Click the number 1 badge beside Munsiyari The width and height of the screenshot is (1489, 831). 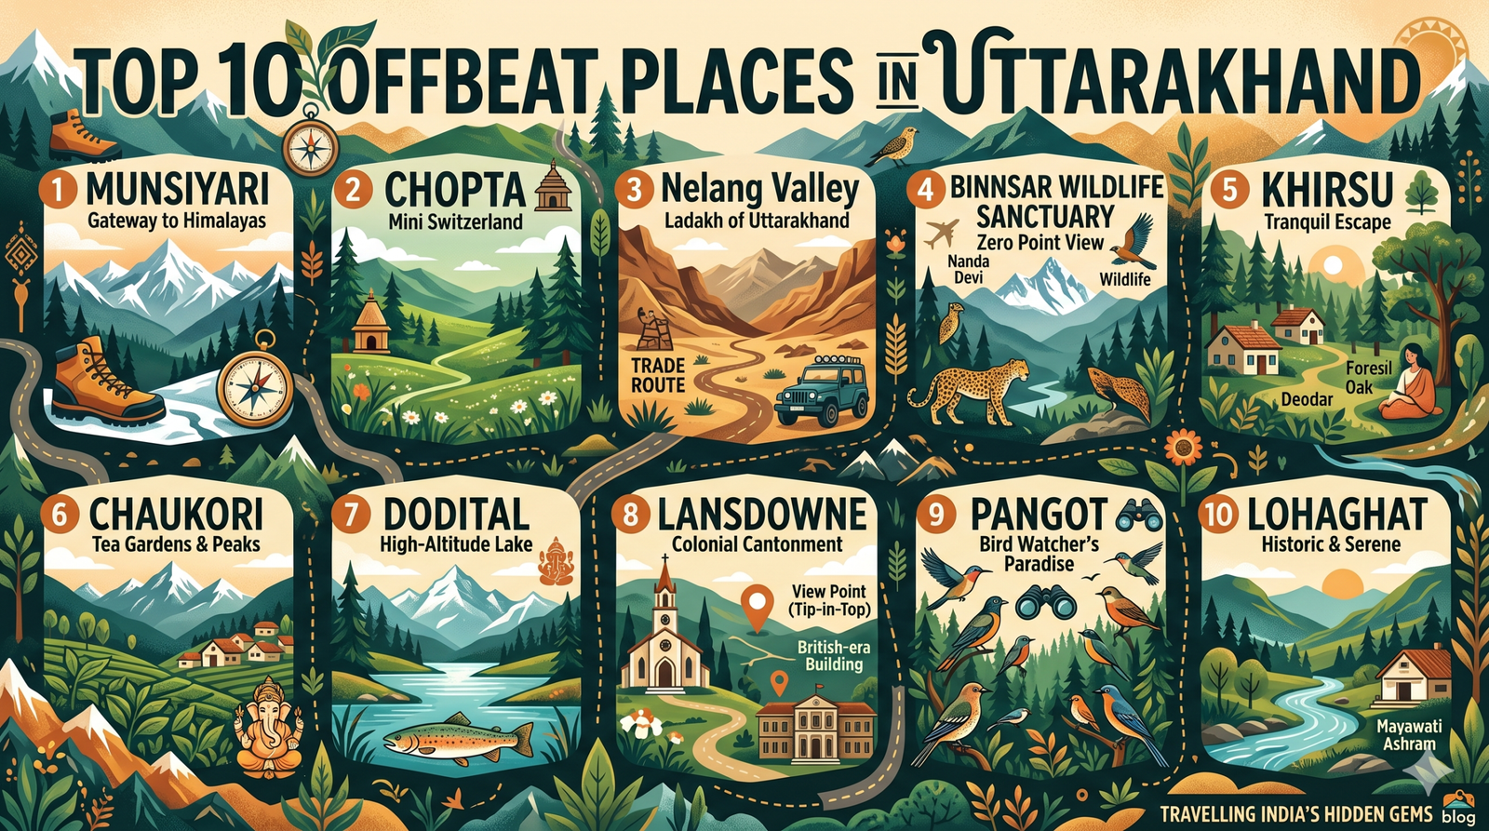click(x=59, y=190)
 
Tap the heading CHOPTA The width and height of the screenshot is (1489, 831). click(x=454, y=190)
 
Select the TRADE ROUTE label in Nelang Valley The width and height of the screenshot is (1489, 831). click(x=658, y=375)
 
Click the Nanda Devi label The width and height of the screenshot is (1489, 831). click(x=968, y=269)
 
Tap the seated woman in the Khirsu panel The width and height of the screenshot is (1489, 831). click(x=1411, y=383)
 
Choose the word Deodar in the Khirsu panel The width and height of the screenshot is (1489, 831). click(x=1308, y=399)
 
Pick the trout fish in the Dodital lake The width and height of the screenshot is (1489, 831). click(x=458, y=737)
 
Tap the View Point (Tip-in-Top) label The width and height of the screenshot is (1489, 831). click(x=827, y=600)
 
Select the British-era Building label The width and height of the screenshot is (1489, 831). click(x=833, y=655)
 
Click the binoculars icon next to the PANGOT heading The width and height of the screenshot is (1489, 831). click(x=1138, y=513)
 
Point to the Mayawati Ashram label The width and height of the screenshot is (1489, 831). click(x=1409, y=734)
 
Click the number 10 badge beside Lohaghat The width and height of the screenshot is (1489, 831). click(x=1218, y=515)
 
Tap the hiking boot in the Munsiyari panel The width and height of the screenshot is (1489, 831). click(x=104, y=384)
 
